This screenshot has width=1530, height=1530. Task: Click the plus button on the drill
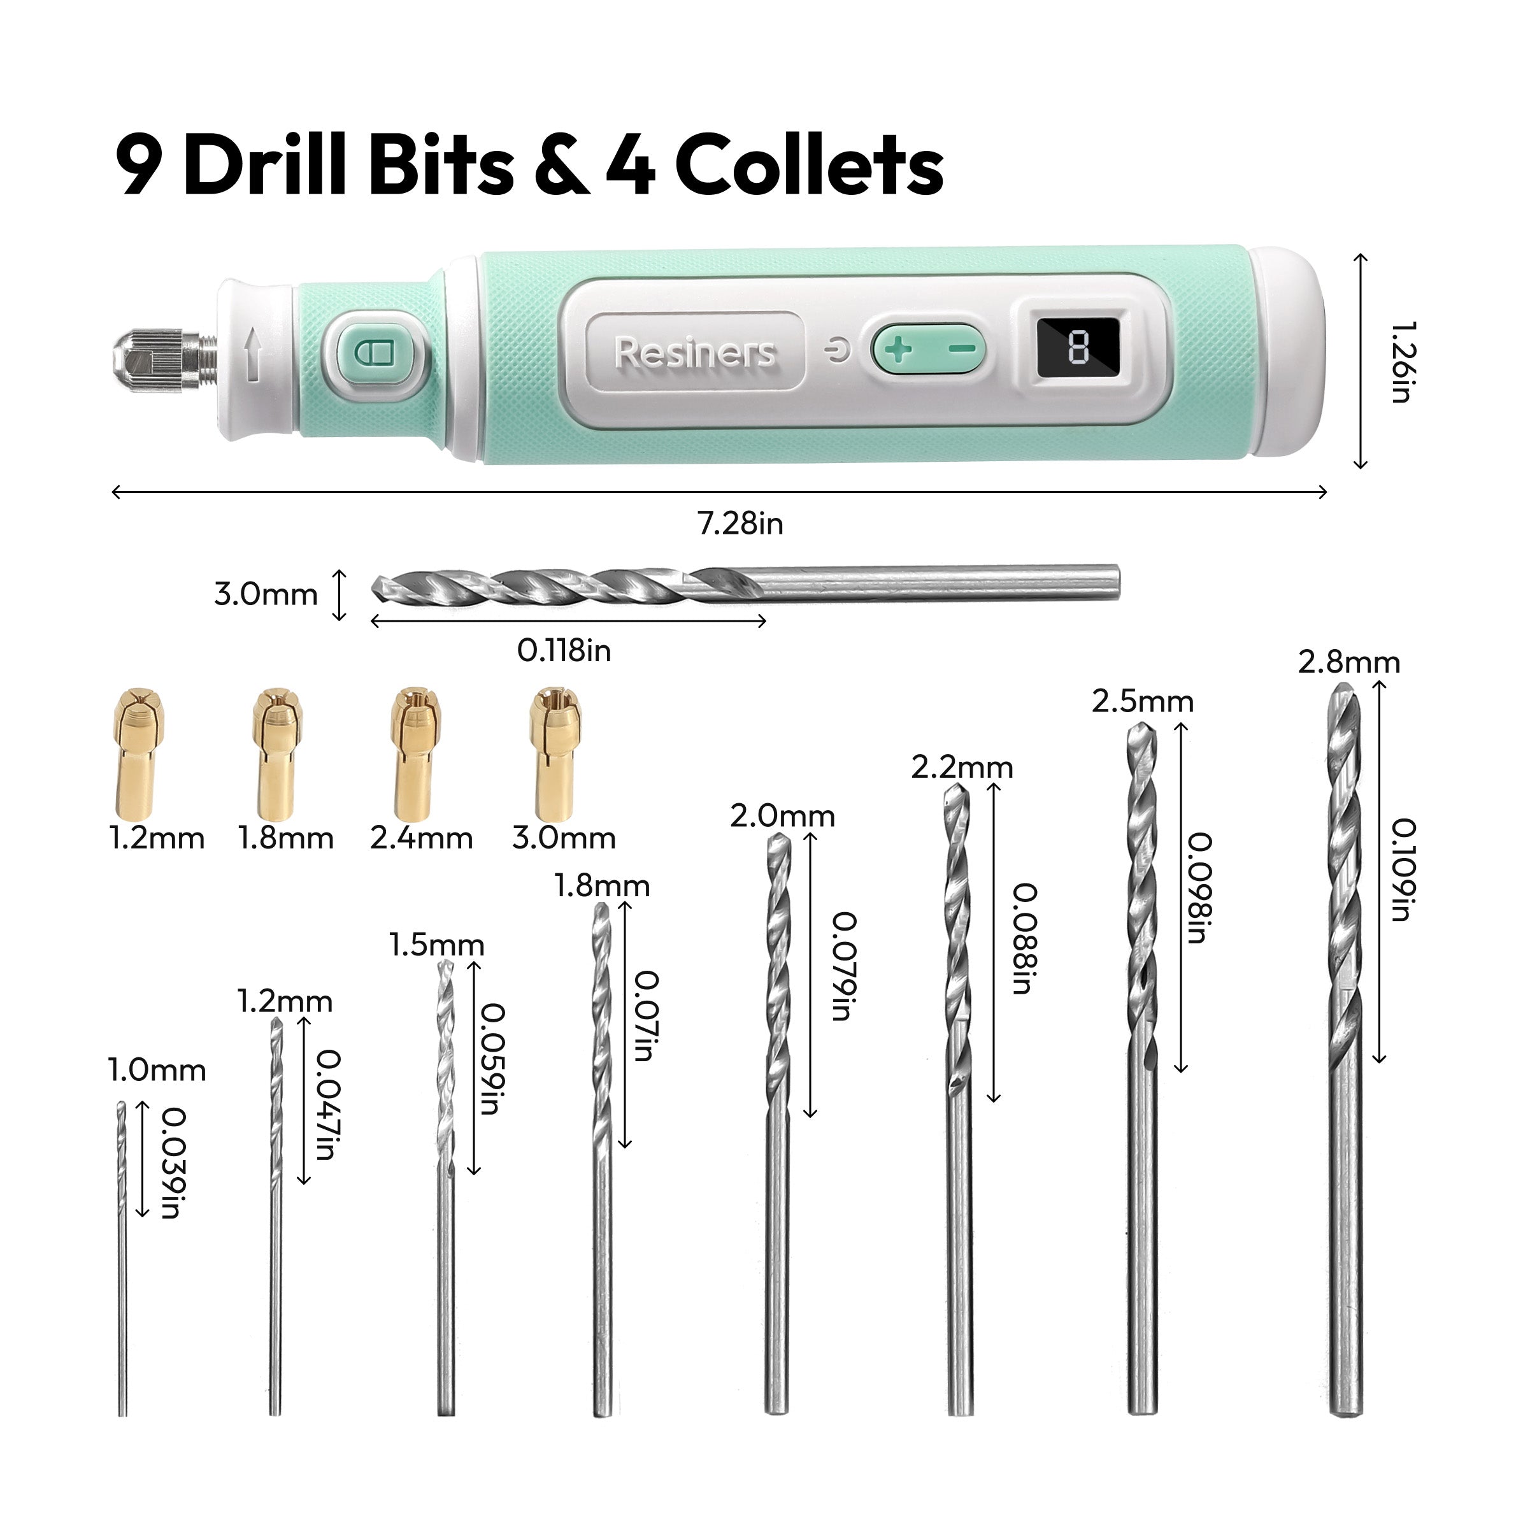[898, 349]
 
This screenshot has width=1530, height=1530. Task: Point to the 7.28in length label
[740, 524]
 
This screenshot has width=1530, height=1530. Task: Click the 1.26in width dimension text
[1403, 362]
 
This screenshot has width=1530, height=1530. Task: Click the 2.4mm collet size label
[420, 838]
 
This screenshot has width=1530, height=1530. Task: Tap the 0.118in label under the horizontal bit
[564, 651]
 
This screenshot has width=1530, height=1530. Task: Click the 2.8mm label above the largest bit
[1348, 662]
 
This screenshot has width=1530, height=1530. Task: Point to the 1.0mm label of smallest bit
[157, 1071]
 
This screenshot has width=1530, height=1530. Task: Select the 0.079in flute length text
[844, 966]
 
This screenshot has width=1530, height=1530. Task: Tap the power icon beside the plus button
[837, 349]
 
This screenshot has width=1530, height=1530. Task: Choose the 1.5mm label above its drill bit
[436, 945]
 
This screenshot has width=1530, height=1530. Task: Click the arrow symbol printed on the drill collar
[254, 355]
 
